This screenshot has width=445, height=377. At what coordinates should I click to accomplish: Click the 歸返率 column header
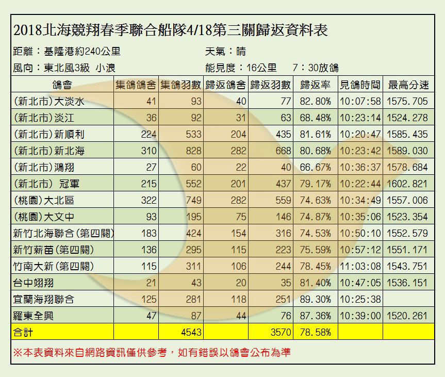click(316, 85)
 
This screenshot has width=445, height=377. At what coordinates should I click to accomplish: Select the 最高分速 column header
click(408, 85)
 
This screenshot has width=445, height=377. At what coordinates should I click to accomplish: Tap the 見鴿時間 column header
click(360, 85)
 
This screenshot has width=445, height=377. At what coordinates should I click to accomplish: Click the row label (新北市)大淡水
click(50, 102)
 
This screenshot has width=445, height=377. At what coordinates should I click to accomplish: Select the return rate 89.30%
click(316, 299)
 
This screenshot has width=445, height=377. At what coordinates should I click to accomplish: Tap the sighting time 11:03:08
click(360, 266)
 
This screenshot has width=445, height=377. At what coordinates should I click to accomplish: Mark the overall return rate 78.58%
click(316, 332)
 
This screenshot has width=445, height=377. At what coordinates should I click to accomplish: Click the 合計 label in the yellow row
click(23, 332)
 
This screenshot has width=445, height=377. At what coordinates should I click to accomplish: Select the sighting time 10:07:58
click(360, 102)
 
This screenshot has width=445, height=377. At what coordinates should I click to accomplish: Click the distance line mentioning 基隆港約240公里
click(67, 52)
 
